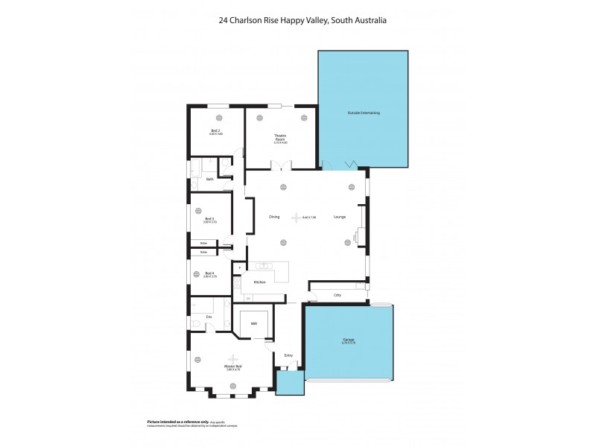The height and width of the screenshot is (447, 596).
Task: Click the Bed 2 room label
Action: [216, 131]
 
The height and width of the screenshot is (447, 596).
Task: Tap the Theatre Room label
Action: [280, 137]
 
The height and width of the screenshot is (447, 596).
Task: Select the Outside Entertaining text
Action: [364, 112]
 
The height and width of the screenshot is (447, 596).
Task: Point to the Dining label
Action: [274, 217]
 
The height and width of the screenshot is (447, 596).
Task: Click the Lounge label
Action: [340, 217]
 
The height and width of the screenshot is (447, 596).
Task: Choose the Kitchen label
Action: [260, 282]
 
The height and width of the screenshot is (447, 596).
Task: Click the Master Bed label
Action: [234, 367]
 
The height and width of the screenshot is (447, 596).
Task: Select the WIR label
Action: [253, 324]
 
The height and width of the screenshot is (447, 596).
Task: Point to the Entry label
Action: [288, 355]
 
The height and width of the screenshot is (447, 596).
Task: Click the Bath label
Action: [210, 179]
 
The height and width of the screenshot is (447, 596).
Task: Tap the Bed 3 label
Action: [210, 219]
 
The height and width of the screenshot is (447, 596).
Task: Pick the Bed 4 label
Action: [210, 274]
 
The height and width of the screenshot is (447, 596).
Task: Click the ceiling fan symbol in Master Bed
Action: [234, 358]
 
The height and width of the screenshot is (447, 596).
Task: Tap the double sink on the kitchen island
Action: [264, 266]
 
